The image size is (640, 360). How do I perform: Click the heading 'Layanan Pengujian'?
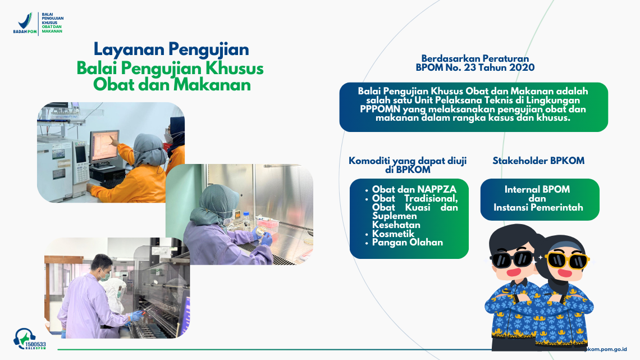click(171, 49)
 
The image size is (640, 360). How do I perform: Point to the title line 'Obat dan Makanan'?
click(171, 85)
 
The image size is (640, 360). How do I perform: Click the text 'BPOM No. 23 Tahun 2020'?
click(475, 67)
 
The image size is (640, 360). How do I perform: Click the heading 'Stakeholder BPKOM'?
click(538, 161)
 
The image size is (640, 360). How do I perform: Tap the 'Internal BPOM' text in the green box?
click(532, 190)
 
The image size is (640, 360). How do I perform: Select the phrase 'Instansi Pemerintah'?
click(538, 207)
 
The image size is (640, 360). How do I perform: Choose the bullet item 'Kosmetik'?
click(393, 234)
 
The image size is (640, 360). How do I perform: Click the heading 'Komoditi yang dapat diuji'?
click(408, 161)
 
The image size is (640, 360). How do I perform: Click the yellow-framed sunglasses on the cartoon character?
click(566, 259)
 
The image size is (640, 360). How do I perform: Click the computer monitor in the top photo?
click(105, 147)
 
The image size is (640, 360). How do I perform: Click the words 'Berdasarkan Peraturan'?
click(475, 58)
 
